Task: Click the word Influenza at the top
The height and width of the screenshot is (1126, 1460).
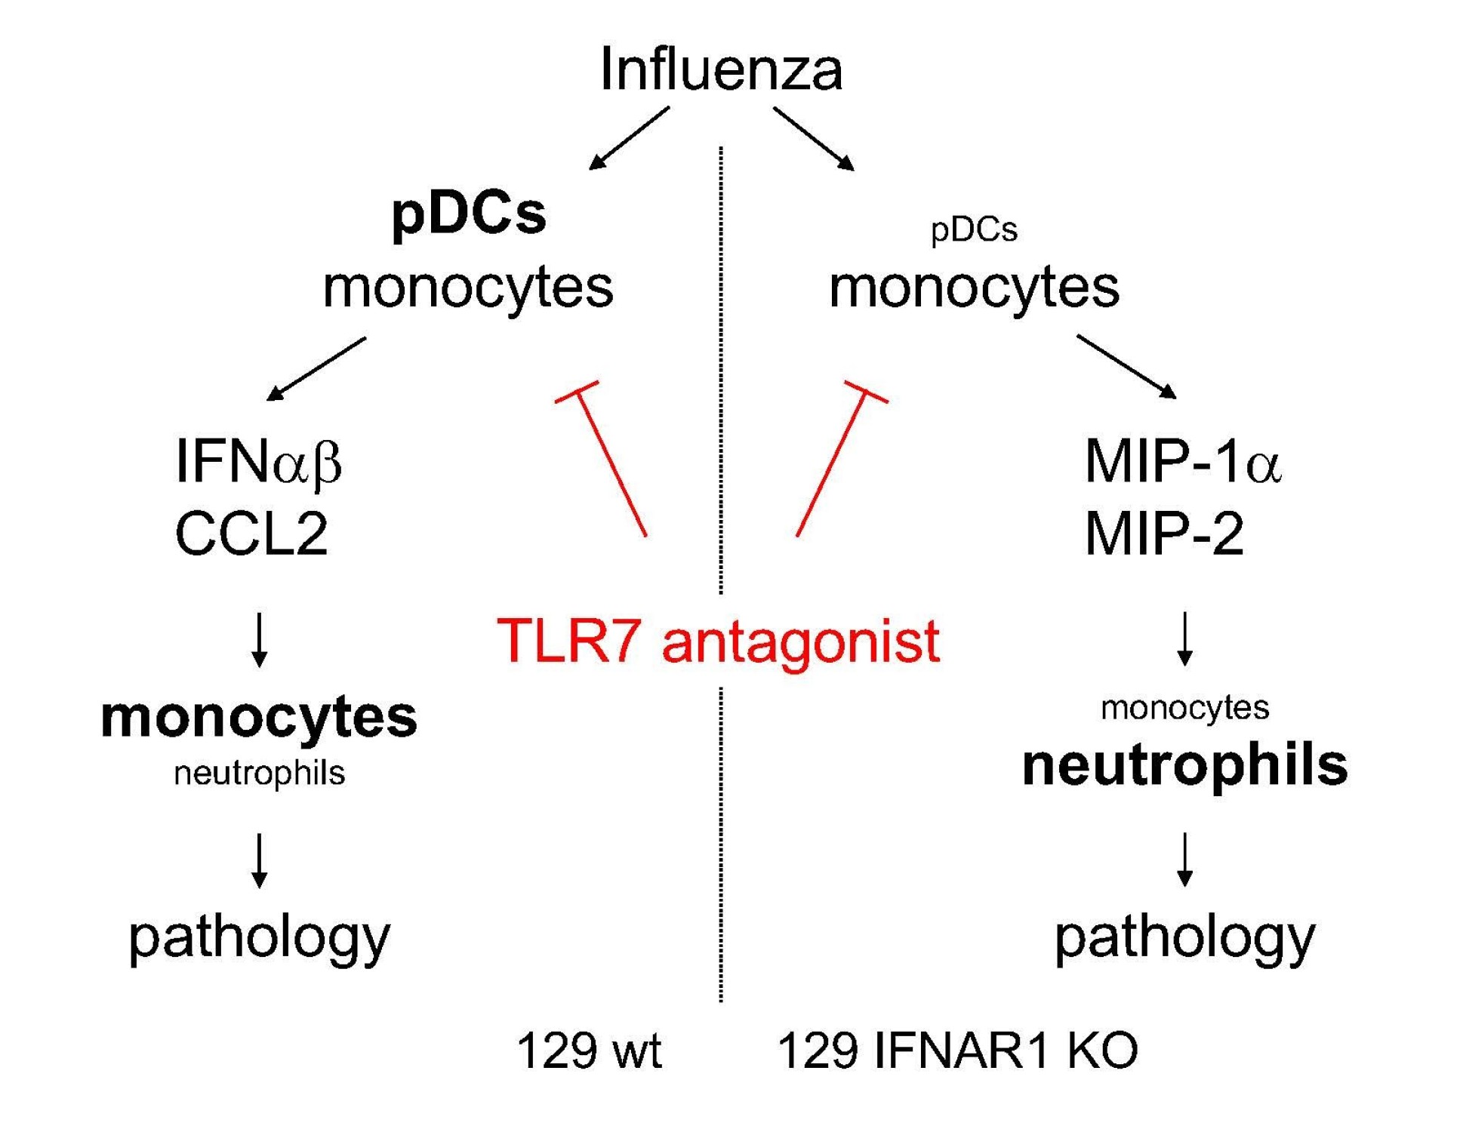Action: click(721, 69)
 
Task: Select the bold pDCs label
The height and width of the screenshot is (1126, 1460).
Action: click(468, 214)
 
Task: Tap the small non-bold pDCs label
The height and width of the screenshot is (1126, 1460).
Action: click(973, 229)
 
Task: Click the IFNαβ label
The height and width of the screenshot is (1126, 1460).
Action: click(258, 461)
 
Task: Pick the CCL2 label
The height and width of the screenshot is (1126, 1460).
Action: click(251, 534)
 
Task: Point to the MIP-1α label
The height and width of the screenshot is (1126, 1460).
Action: click(1182, 461)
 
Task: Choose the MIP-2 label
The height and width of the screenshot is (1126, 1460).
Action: click(1163, 534)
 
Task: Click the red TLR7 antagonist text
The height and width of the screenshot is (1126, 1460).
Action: click(718, 641)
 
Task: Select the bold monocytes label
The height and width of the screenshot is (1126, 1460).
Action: click(259, 717)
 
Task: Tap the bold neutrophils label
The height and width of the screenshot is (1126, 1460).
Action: click(1184, 765)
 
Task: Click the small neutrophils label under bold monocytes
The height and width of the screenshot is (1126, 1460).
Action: click(259, 773)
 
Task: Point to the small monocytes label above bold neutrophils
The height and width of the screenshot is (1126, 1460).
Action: click(1184, 708)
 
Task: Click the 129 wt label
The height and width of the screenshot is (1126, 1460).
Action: click(589, 1050)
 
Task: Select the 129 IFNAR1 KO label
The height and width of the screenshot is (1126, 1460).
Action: click(957, 1050)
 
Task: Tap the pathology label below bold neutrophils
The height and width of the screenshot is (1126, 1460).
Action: click(1184, 937)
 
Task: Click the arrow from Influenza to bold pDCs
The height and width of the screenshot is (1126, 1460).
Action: click(628, 138)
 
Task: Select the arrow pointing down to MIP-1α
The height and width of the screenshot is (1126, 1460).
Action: click(1126, 366)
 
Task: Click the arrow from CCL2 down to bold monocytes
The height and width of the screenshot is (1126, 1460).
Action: click(259, 639)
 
